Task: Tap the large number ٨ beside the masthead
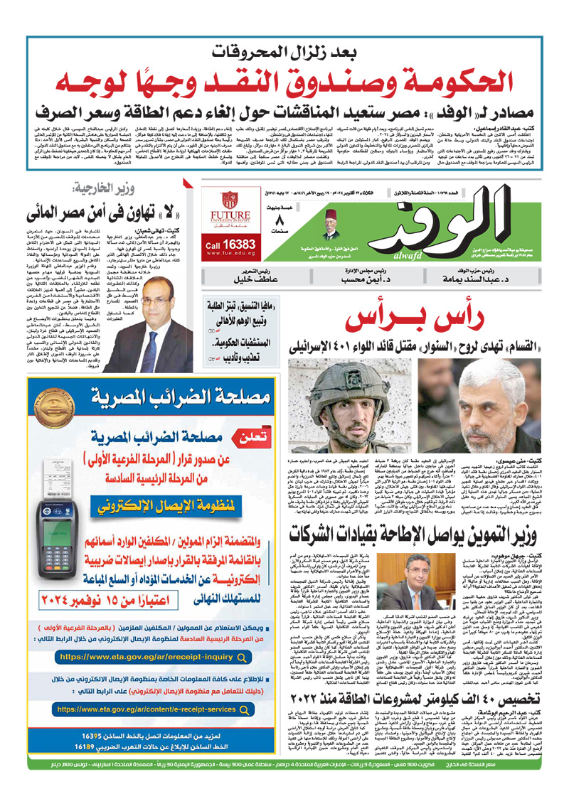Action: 278,219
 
